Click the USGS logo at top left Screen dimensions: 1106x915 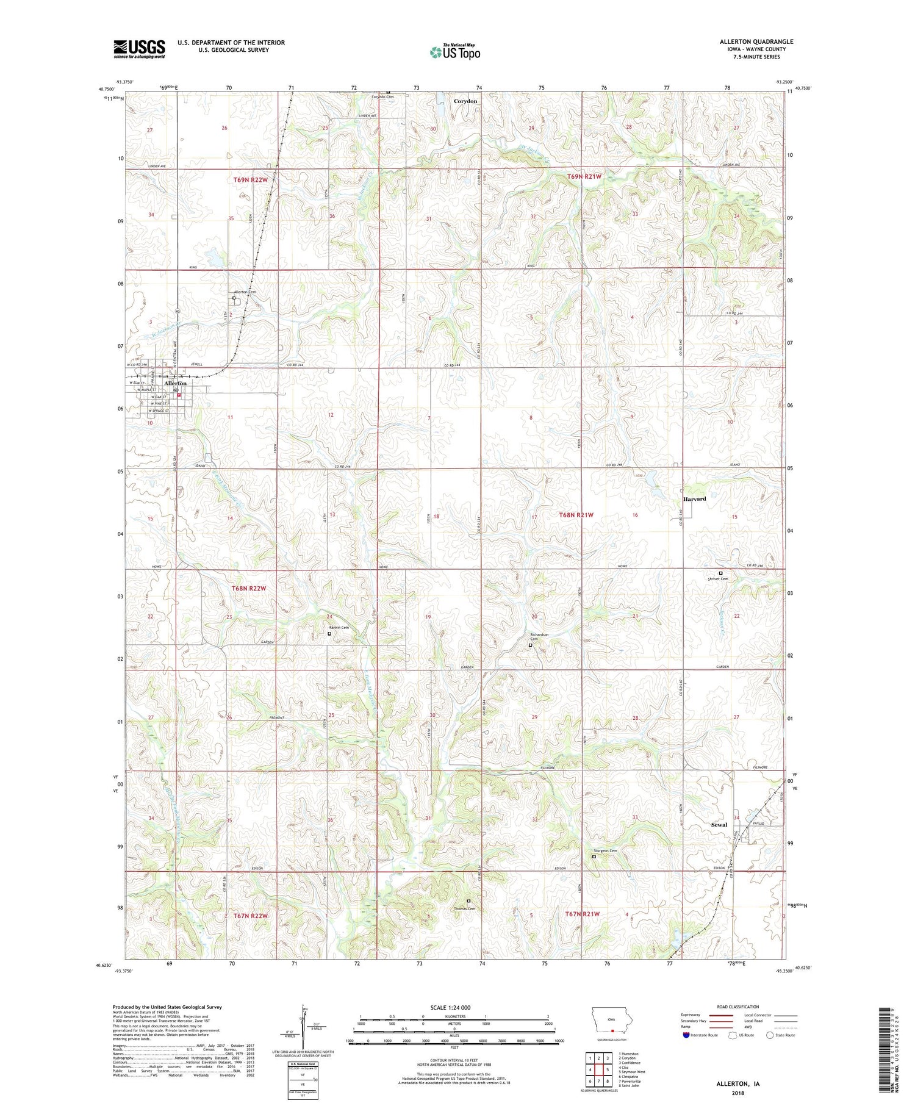139,49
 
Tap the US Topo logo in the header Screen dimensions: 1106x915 454,52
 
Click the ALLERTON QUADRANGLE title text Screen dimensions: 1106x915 756,41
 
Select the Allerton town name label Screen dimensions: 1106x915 166,383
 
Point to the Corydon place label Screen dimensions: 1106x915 465,101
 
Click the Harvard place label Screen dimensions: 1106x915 694,498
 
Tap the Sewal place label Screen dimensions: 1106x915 719,825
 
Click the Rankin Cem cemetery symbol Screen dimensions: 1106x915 329,633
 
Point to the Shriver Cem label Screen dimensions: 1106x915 717,579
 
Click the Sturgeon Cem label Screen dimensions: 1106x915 605,851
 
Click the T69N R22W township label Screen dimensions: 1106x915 250,180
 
